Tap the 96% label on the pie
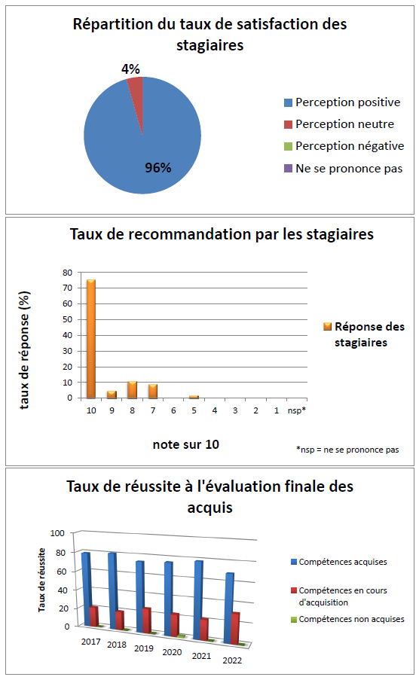coord(158,168)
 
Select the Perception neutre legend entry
coord(339,124)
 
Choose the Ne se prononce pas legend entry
coord(344,168)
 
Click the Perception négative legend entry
coord(344,146)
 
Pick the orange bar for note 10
coord(91,339)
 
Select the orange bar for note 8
coord(133,390)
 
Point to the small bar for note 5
coord(194,397)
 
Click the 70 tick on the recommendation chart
coord(67,288)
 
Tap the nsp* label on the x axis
coord(297,410)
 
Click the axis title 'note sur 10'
coord(186,444)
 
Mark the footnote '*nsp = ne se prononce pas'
coord(347,450)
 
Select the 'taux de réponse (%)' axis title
coord(24,350)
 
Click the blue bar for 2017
coord(86,589)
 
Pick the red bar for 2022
coord(235,628)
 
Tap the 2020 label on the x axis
coord(172,652)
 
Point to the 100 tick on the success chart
coord(57,533)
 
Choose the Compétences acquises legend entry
coord(339,562)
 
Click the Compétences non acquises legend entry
coord(348,619)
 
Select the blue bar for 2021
coord(198,600)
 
